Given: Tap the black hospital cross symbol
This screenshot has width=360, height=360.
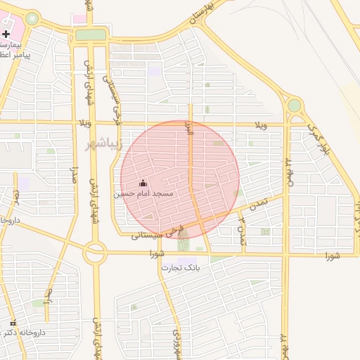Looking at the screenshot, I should (6, 34).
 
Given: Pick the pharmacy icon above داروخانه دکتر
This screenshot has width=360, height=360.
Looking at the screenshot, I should (12, 323).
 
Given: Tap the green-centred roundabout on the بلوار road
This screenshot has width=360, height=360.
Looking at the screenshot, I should (294, 105).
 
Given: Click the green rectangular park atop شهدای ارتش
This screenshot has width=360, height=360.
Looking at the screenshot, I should (90, 34).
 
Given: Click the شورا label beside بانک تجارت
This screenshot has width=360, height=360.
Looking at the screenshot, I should (156, 253).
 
